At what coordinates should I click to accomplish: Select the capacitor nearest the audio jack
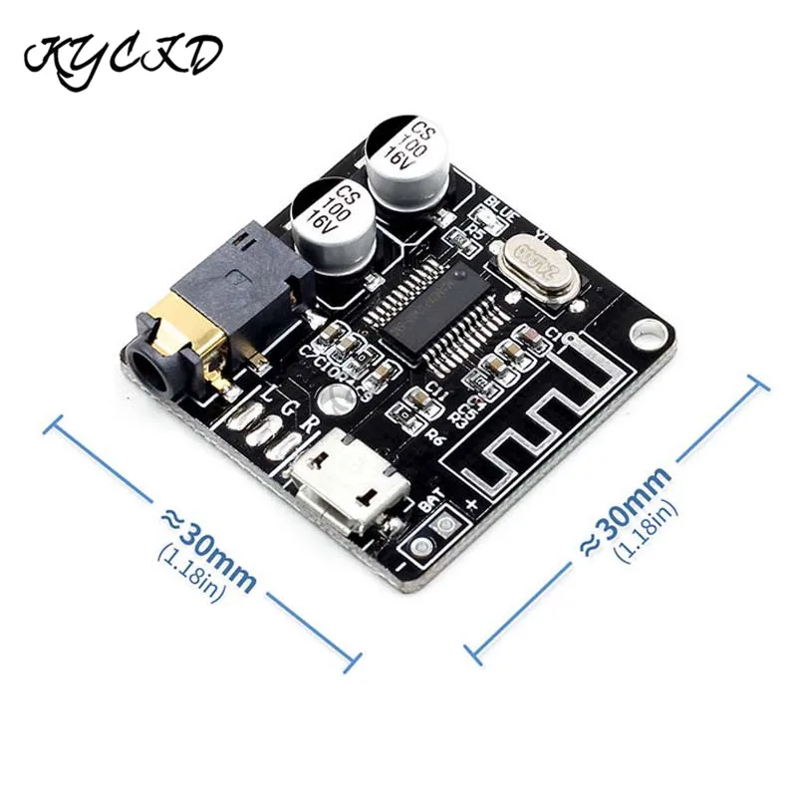pyautogui.click(x=328, y=219)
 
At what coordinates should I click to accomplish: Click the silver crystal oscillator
pyautogui.click(x=537, y=266)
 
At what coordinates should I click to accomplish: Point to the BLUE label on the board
pyautogui.click(x=499, y=211)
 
